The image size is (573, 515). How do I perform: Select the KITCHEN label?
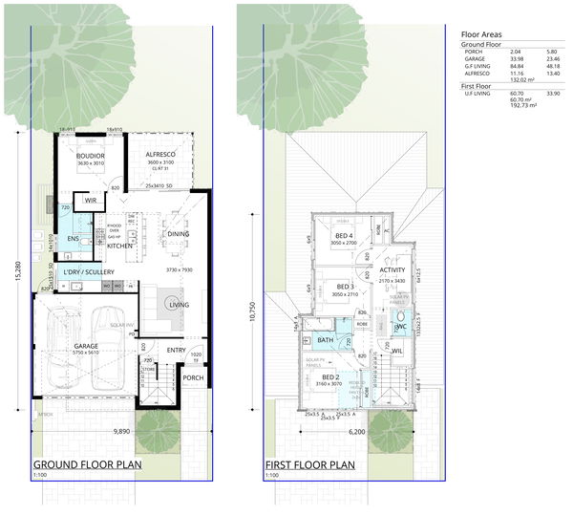tap(119, 246)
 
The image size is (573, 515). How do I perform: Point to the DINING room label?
tap(178, 233)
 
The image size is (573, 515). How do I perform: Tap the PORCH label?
tap(192, 376)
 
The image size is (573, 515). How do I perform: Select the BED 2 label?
tap(330, 377)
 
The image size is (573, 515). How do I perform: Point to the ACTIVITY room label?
tap(392, 270)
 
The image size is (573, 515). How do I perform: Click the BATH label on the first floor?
tap(326, 339)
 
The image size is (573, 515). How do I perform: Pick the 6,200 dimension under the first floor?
tap(357, 432)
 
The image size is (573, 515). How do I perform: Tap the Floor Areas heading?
tap(481, 32)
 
